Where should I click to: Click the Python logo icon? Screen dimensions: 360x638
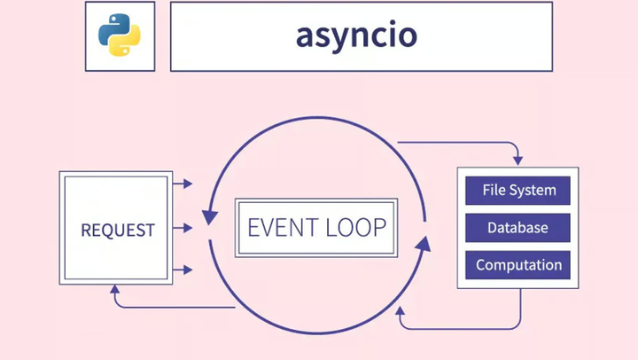pos(119,35)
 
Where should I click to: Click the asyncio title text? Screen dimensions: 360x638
pos(357,35)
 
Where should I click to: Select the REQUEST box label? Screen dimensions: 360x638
pos(118,230)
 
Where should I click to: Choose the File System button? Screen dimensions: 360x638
pos(518,191)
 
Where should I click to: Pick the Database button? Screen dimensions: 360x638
pos(518,228)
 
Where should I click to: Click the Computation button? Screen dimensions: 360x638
pos(518,265)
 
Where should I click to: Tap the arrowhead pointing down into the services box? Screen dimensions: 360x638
pos(518,160)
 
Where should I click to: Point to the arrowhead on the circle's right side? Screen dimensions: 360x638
pos(424,239)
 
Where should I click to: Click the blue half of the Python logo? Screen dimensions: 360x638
pos(113,28)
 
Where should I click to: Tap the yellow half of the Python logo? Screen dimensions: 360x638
pos(126,43)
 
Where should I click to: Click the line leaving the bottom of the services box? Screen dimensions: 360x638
pos(520,306)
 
